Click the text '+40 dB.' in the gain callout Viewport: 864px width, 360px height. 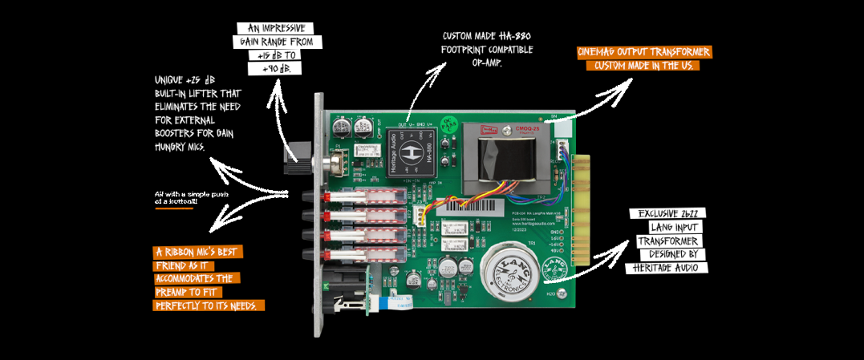pos(275,70)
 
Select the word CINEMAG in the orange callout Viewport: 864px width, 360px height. pos(603,52)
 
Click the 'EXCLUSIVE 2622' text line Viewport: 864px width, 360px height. pos(667,214)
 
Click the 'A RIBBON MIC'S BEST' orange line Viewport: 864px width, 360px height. pos(197,252)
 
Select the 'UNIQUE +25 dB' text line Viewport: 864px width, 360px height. pos(186,80)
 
